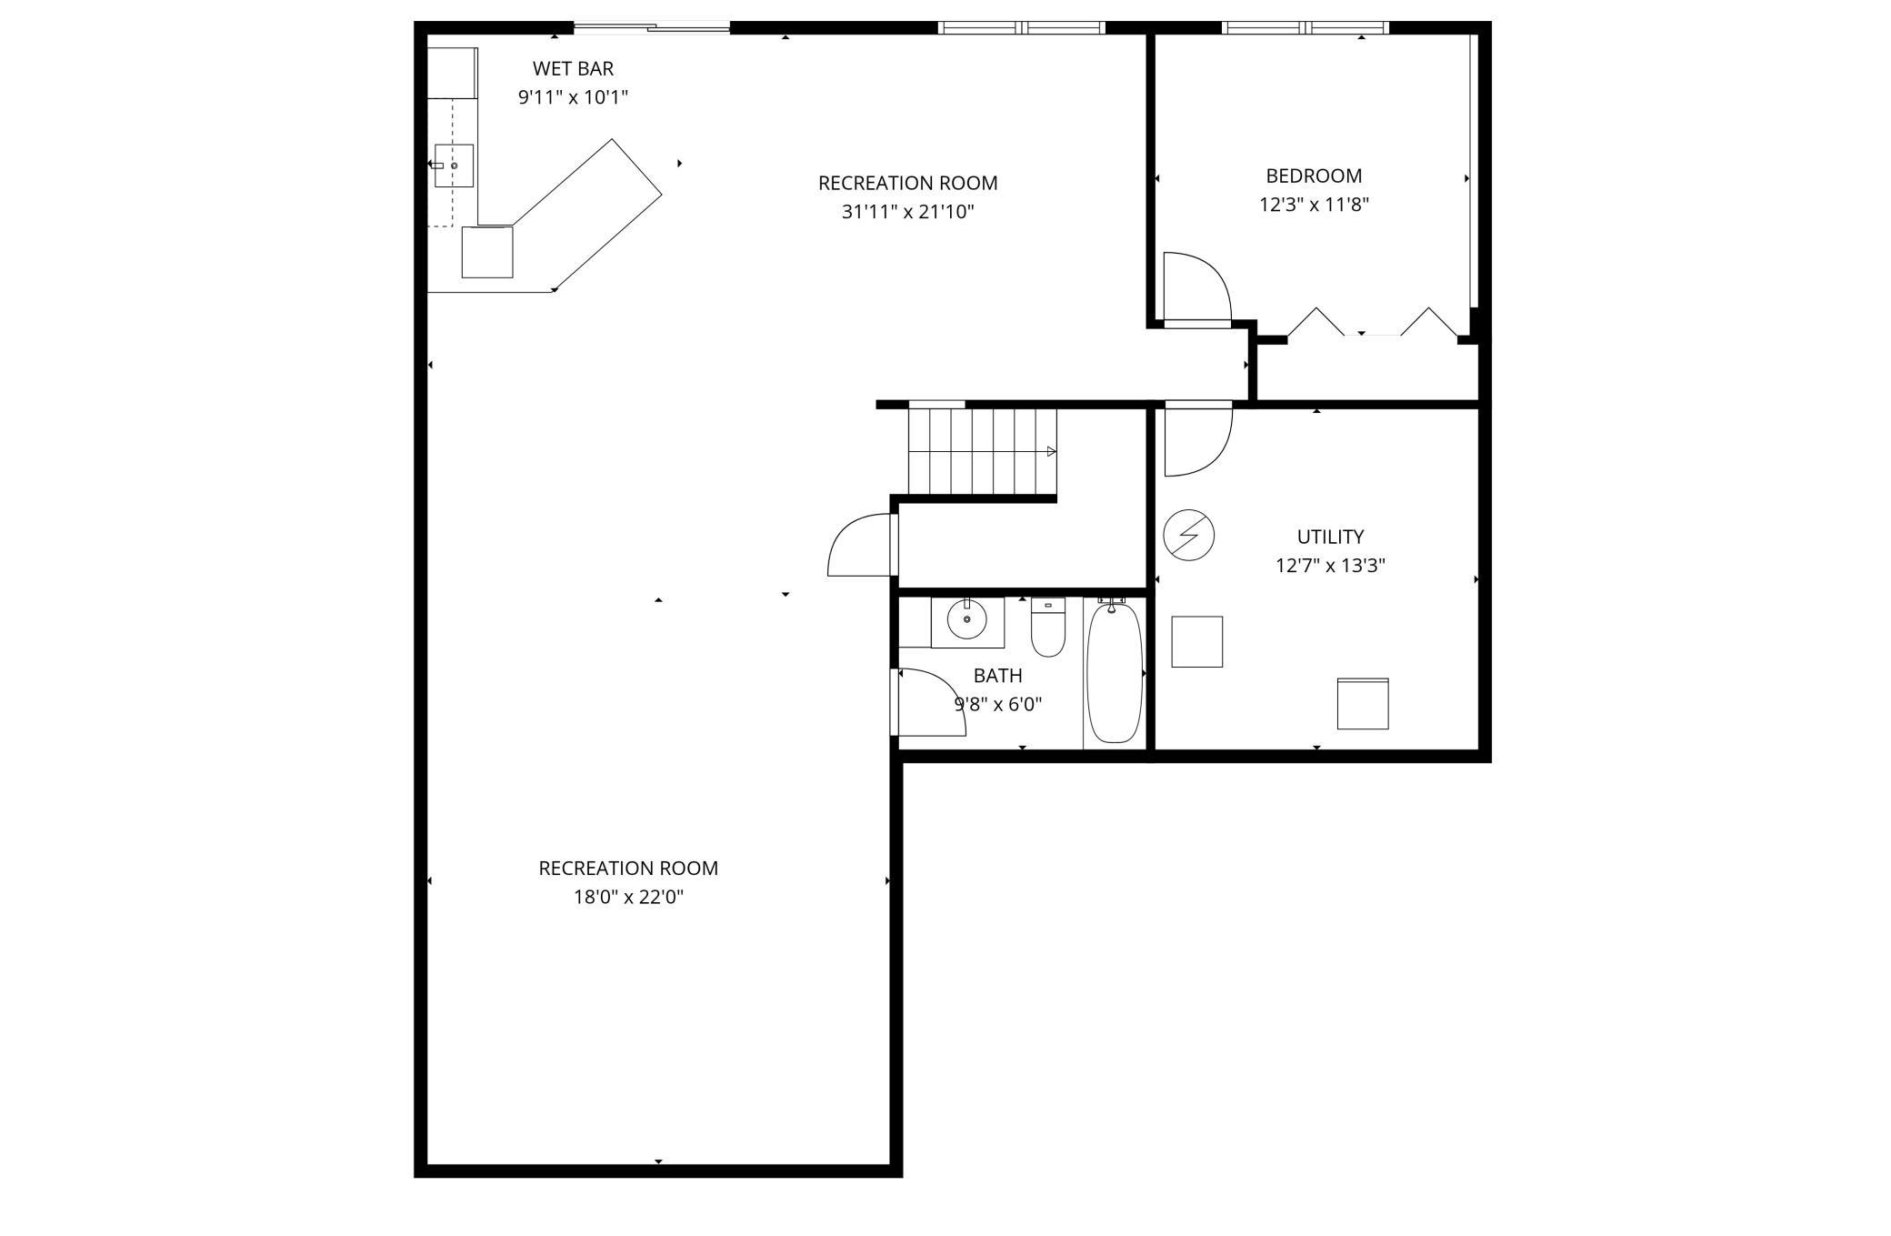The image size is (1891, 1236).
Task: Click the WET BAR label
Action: [573, 68]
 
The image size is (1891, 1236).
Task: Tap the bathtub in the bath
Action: [1114, 674]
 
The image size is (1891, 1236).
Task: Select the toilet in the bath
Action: [1048, 627]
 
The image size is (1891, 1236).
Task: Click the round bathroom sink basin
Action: [966, 620]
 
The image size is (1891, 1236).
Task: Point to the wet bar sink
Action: [454, 166]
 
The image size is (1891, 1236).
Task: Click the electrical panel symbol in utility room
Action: [1188, 535]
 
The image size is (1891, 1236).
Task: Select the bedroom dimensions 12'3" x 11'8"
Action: [1314, 205]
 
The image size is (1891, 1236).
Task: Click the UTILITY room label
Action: [1330, 537]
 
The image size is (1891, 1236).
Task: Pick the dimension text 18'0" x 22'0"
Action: [628, 898]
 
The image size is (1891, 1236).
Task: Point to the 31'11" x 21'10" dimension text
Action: [907, 212]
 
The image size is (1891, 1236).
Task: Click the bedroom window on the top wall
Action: [1305, 27]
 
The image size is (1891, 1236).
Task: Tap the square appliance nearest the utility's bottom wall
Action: [1363, 703]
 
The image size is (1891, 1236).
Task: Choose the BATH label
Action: [997, 676]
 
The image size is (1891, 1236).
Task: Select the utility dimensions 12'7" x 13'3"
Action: [1330, 566]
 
